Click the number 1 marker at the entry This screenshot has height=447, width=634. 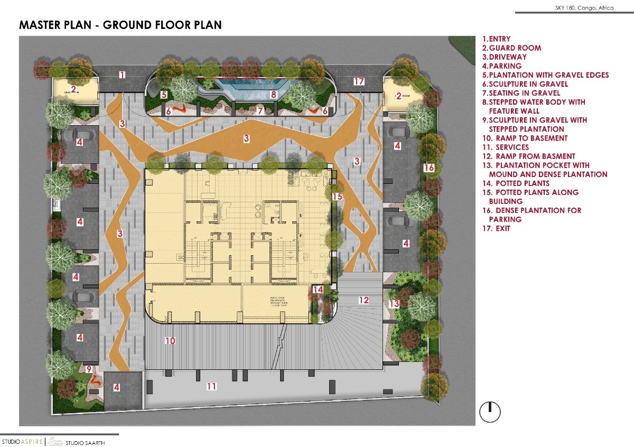coord(122,75)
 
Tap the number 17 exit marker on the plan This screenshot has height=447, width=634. coord(359,81)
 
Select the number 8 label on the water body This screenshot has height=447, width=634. coord(274,95)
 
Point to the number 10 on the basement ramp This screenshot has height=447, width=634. coord(170,341)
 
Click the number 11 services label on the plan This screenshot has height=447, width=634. coord(211,387)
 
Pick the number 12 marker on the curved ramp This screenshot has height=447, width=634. coord(363,300)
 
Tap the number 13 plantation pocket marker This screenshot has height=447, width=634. coord(394,304)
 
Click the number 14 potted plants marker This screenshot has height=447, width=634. coord(318,290)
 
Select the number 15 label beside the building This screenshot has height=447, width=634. coord(338,197)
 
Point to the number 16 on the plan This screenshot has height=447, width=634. coord(429,168)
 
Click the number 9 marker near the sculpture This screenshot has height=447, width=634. coord(89,369)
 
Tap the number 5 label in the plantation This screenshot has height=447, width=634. coord(164,95)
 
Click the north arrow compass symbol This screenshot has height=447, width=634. coord(490,412)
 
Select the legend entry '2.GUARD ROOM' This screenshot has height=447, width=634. coord(511,48)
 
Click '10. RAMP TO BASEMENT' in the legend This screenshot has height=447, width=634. coord(524,138)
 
